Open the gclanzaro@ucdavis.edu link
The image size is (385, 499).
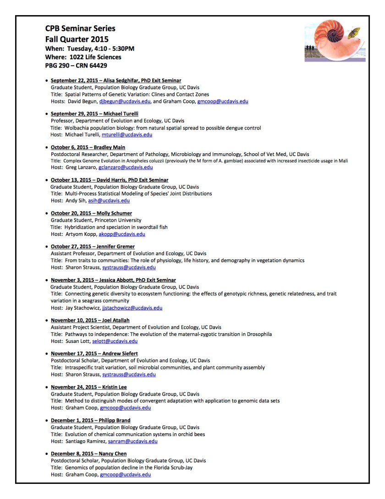pyautogui.click(x=126, y=168)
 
